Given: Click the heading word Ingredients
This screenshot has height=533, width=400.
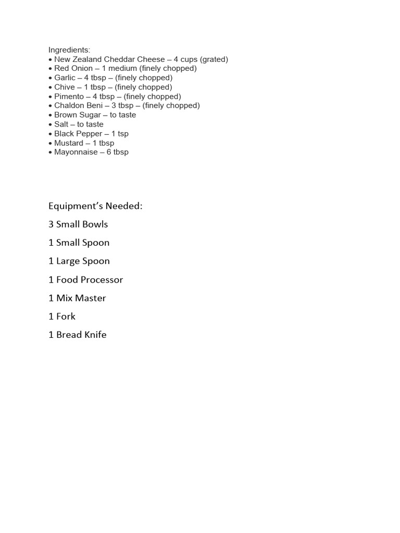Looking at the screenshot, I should pos(69,50).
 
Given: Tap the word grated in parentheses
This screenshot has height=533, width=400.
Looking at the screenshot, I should pos(214,59).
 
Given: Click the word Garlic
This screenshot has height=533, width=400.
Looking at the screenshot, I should pos(65,78).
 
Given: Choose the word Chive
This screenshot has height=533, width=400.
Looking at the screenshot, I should pos(65,87).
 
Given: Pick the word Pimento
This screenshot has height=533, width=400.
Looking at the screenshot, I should pos(69,96).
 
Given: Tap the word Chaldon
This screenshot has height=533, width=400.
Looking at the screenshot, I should pos(69,106).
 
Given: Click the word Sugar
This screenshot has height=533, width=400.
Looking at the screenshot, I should pos(91,115).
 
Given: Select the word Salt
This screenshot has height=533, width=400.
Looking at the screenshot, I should pos(61,124).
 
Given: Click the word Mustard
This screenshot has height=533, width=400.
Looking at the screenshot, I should pos(69,143).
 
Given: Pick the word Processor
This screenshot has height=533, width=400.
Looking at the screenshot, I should pos(102,280).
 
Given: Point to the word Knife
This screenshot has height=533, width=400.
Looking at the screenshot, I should pos(95,335).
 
